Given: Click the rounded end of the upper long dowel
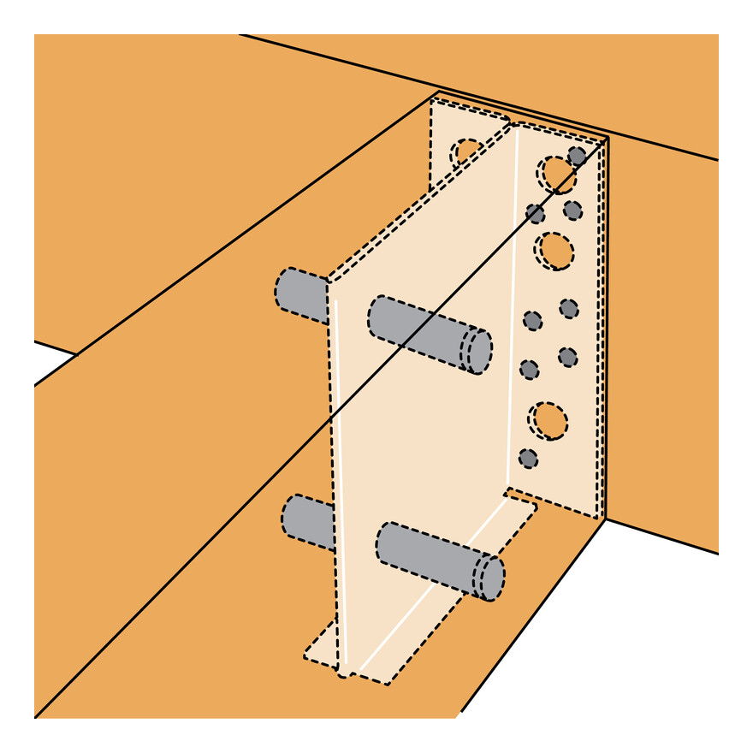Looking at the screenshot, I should point(478,350).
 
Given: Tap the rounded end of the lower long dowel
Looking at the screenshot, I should point(489,577).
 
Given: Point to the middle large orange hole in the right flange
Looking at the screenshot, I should point(554,250).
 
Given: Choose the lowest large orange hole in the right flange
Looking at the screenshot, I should point(548,419).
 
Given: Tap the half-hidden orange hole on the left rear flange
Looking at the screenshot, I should point(467,152).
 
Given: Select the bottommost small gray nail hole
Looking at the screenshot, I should point(529,459).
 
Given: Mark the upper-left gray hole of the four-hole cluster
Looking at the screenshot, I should point(532,320).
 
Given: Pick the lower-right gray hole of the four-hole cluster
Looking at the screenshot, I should point(567,355).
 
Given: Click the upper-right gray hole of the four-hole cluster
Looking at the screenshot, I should point(569,308).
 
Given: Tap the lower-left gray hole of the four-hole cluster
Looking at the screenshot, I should point(530,370).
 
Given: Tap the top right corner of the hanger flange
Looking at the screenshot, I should point(606,139).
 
